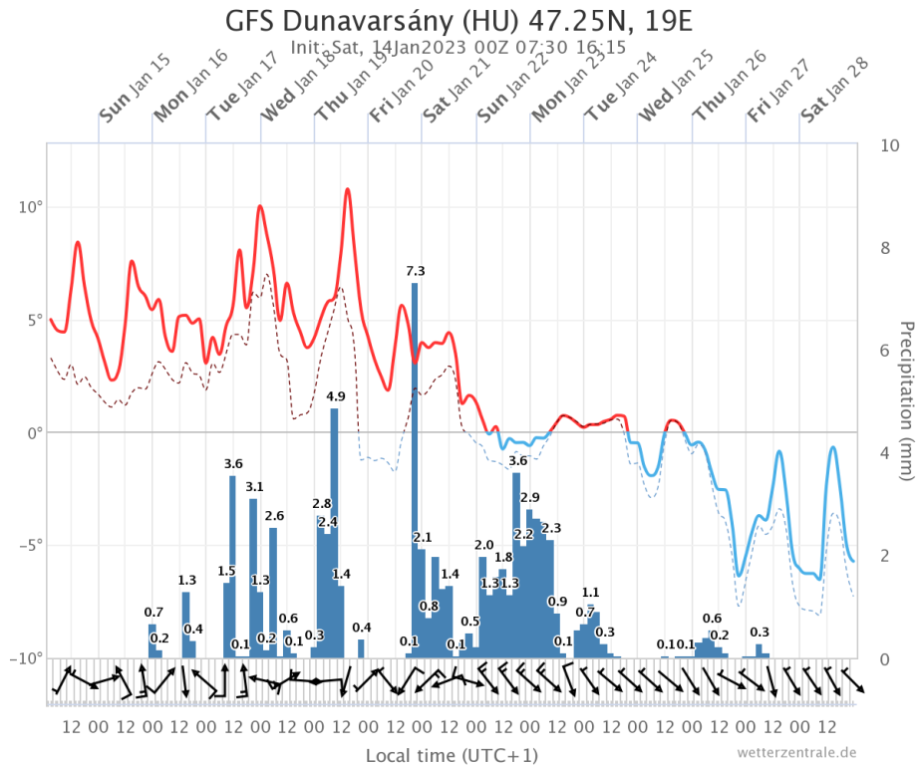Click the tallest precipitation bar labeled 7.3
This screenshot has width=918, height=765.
click(415, 468)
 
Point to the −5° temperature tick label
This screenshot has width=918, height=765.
click(27, 545)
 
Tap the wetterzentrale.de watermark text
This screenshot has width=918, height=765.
click(797, 752)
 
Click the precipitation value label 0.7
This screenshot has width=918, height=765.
click(153, 612)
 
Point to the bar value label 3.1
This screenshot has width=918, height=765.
click(254, 487)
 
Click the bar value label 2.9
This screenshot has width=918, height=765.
click(529, 497)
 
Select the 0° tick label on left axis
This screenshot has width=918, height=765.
click(33, 432)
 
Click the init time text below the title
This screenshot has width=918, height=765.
click(458, 47)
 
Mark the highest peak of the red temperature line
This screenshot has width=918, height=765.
click(348, 189)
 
